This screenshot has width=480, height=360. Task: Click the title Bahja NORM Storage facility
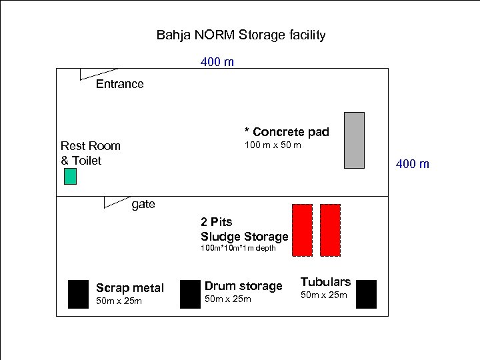click(241, 35)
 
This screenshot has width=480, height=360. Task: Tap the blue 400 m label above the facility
click(217, 62)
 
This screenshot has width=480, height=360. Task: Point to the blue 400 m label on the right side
click(413, 163)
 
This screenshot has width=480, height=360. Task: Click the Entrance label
click(119, 84)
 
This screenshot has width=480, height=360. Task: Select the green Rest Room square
click(70, 177)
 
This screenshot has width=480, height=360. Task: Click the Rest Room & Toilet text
click(90, 153)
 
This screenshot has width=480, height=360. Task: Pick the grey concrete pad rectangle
click(354, 140)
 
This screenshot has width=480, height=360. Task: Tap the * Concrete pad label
click(287, 132)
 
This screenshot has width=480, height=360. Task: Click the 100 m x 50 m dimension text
click(273, 145)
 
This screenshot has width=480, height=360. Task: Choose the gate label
click(143, 204)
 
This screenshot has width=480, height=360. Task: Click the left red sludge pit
click(303, 230)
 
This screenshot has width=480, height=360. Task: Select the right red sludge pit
click(330, 230)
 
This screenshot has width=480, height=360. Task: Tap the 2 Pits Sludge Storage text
click(244, 229)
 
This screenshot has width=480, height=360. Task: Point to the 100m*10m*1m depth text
click(238, 248)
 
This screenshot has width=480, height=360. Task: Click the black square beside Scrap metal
click(78, 294)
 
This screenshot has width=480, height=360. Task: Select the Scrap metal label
click(129, 288)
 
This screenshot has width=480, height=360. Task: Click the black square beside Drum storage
click(190, 294)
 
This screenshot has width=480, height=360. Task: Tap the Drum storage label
click(243, 286)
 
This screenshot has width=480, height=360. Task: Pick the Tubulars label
click(325, 282)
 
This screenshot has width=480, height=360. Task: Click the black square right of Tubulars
click(366, 294)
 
